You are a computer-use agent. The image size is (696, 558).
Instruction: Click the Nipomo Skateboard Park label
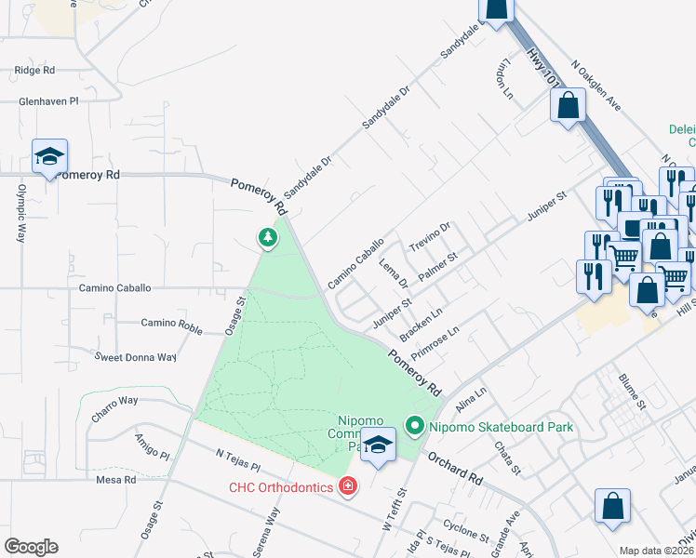pyautogui.click(x=499, y=428)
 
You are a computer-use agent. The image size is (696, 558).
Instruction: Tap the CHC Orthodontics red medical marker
pyautogui.click(x=348, y=486)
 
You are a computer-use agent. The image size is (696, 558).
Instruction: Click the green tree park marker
pyautogui.click(x=268, y=239)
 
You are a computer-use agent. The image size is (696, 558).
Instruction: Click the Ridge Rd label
pyautogui.click(x=35, y=70)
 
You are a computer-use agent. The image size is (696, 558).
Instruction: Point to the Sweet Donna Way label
pyautogui.click(x=135, y=357)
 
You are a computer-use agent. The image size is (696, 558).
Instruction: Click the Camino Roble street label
pyautogui.click(x=171, y=323)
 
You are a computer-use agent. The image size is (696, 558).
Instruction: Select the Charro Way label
pyautogui.click(x=114, y=400)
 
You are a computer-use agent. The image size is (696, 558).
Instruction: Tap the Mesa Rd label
pyautogui.click(x=116, y=480)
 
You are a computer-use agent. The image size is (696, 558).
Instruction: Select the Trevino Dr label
pyautogui.click(x=430, y=235)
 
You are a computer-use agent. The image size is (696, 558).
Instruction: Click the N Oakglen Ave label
pyautogui.click(x=596, y=86)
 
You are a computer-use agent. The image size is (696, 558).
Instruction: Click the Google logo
pyautogui.click(x=30, y=547)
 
